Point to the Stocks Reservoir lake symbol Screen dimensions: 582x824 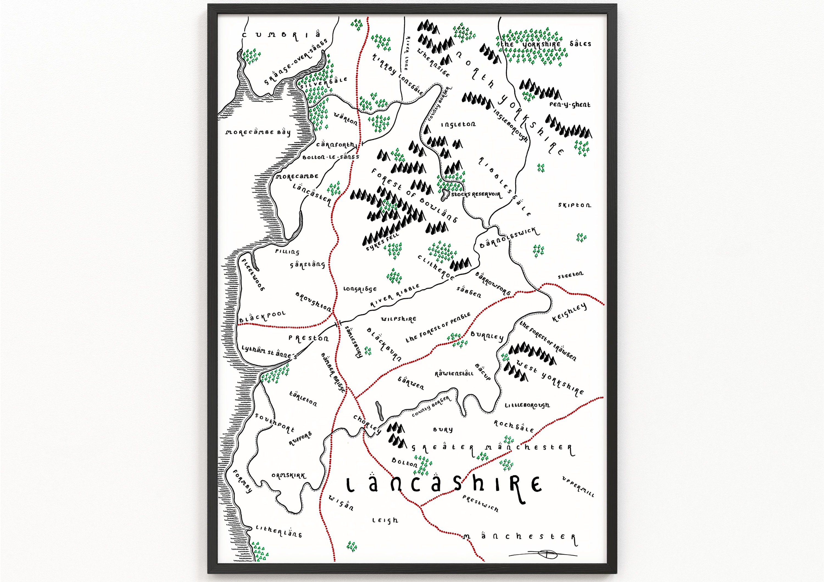click(445, 194)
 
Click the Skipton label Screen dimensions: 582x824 click(574, 205)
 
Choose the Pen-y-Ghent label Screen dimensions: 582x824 click(570, 105)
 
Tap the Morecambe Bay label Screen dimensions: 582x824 click(258, 132)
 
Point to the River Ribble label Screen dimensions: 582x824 click(395, 296)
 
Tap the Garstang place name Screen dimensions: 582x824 click(308, 265)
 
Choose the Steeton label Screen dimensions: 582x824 click(570, 275)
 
